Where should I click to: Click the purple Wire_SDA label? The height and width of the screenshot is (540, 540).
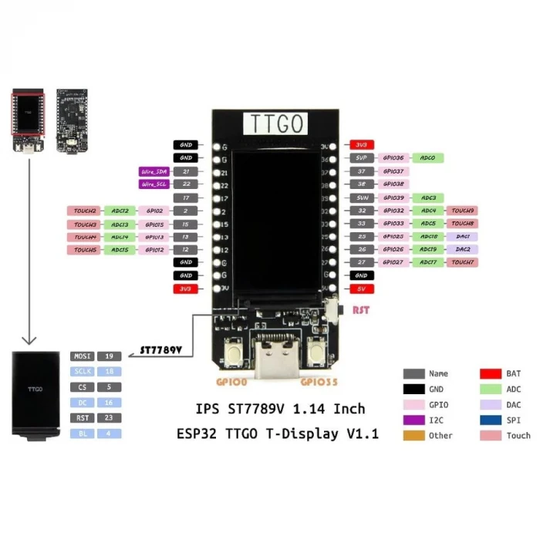pyautogui.click(x=154, y=171)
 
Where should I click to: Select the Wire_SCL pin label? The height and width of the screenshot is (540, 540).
pyautogui.click(x=154, y=184)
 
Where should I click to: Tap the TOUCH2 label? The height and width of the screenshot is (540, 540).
pyautogui.click(x=85, y=211)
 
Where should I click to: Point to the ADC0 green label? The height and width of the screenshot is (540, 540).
pyautogui.click(x=427, y=158)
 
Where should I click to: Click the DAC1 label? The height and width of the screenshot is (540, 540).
pyautogui.click(x=463, y=237)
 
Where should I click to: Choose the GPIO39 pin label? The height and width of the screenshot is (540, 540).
pyautogui.click(x=393, y=197)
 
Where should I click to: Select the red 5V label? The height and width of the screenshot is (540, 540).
pyautogui.click(x=361, y=289)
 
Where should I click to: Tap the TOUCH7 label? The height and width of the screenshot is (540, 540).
pyautogui.click(x=463, y=263)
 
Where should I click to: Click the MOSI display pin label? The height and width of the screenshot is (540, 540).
pyautogui.click(x=82, y=356)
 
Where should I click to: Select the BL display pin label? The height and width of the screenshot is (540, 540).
pyautogui.click(x=82, y=434)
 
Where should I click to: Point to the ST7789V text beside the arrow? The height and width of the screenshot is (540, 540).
pyautogui.click(x=160, y=350)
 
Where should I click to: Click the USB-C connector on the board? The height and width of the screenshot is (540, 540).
pyautogui.click(x=275, y=358)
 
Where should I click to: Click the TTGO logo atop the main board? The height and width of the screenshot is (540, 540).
pyautogui.click(x=275, y=123)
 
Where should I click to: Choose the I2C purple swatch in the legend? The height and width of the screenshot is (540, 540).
pyautogui.click(x=414, y=420)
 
